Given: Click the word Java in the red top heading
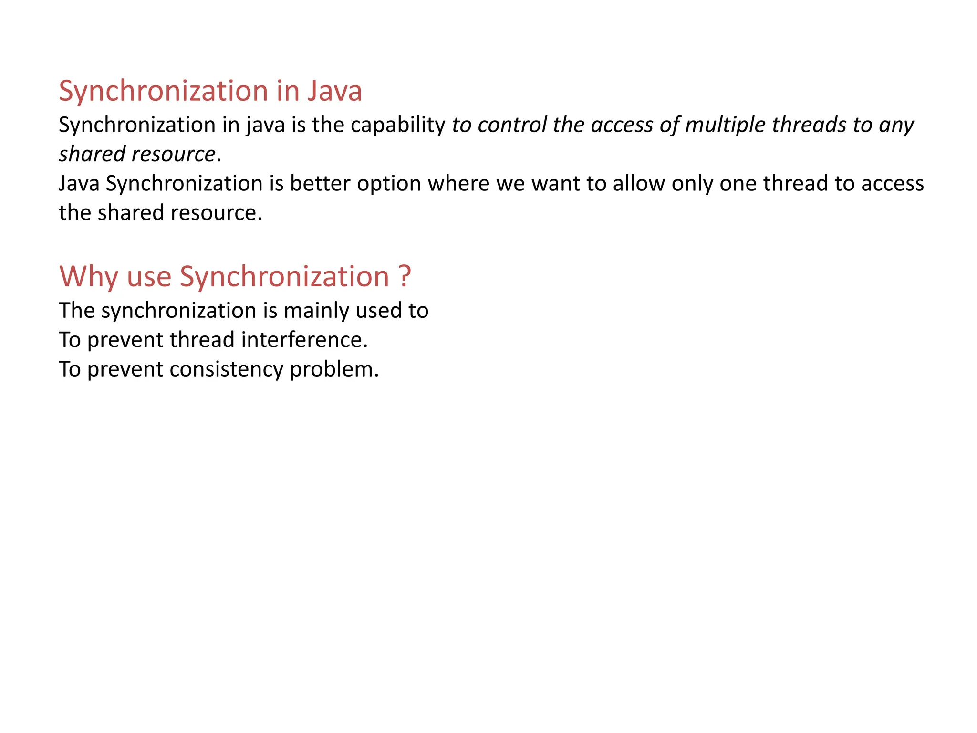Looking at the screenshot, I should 334,91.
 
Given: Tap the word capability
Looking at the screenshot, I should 397,126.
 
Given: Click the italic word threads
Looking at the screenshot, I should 809,125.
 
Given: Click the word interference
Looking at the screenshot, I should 304,340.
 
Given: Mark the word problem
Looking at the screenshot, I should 334,370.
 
